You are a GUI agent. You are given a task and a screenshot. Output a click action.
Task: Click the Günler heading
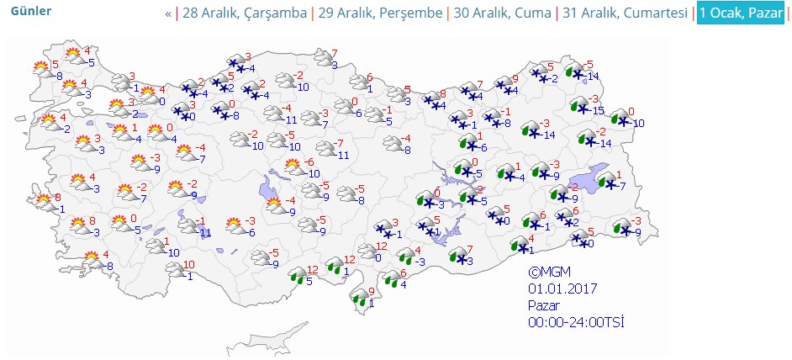(x=30, y=11)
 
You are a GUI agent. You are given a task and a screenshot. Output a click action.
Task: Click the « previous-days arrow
(x=168, y=13)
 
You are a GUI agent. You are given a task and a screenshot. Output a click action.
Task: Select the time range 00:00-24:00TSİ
(x=575, y=321)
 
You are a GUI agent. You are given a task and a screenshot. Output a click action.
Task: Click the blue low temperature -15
(x=598, y=111)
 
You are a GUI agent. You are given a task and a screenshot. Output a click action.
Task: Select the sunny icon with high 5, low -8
(x=40, y=68)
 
